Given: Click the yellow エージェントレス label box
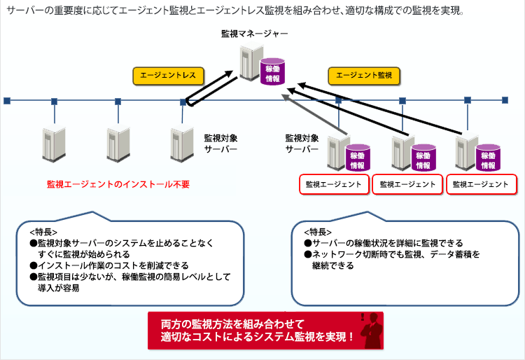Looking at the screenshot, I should coord(168,75).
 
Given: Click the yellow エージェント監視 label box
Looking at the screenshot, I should coord(363,75).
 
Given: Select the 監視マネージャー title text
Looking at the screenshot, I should coord(253,34).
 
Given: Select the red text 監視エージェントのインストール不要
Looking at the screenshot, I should coord(118,184).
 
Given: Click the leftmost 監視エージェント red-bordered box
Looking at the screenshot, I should coord(334,185).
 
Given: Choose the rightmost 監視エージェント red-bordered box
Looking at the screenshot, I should coord(481,185).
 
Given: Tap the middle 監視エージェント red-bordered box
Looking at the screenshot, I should coord(408,185).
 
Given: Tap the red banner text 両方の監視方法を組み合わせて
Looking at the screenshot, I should coord(232,324).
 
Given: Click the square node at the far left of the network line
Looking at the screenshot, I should coord(6,101).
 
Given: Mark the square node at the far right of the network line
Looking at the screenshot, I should coord(505,101).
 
